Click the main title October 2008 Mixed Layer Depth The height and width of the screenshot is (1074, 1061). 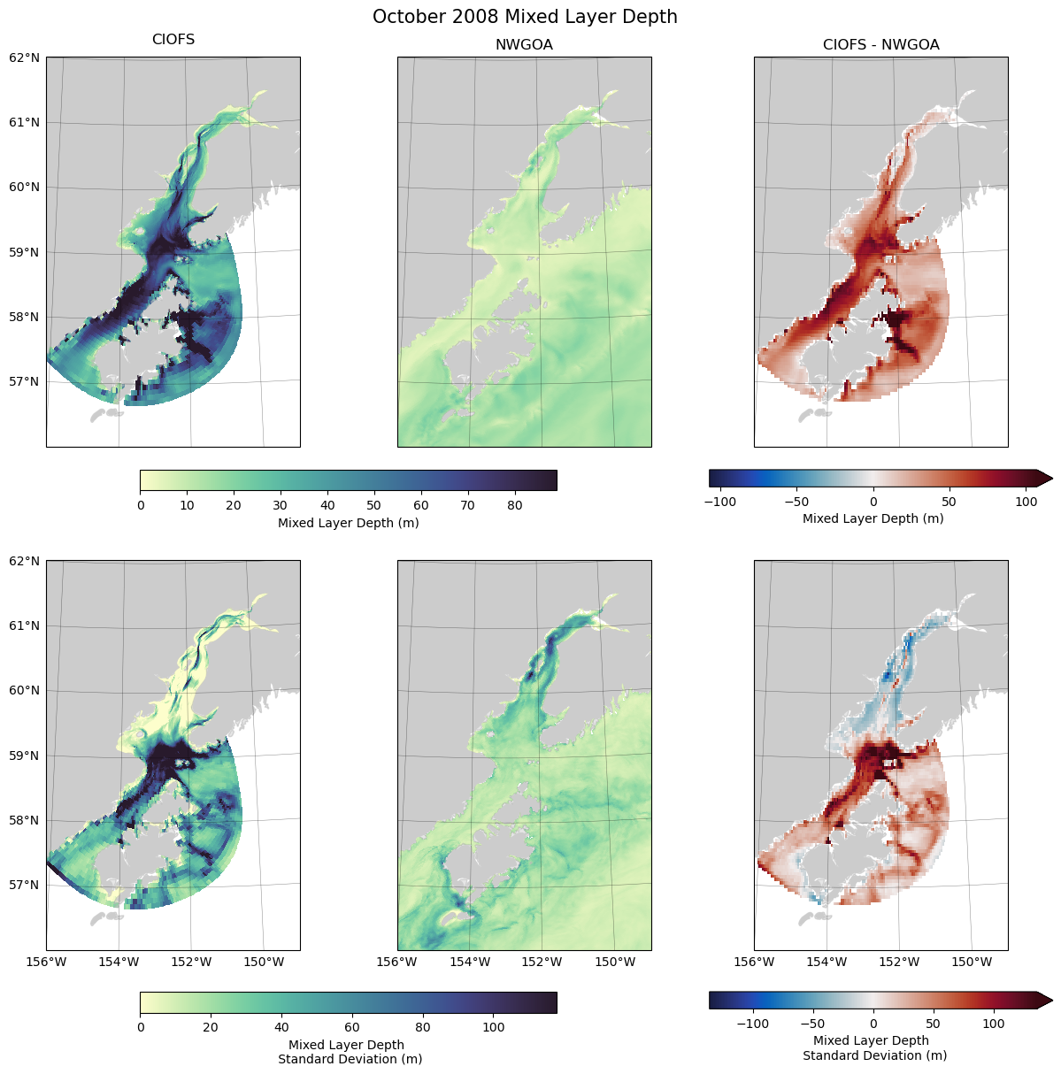coord(525,17)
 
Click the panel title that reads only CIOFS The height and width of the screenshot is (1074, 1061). coord(173,40)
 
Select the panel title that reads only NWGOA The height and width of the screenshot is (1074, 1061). coord(524,44)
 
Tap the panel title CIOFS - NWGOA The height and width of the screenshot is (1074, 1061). coord(880,44)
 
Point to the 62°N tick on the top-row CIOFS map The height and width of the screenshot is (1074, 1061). coord(25,58)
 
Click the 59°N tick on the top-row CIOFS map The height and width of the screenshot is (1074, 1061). coord(25,252)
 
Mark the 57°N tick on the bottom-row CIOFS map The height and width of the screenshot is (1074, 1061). coord(25,885)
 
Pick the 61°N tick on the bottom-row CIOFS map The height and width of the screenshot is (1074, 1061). coord(25,625)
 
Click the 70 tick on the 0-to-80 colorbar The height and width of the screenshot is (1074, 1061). coord(467,505)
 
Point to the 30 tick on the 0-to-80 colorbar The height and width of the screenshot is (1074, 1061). coord(281,505)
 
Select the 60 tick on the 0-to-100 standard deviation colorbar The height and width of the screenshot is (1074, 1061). coord(352,1027)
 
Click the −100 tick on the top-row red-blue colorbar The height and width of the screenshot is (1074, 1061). coord(720,502)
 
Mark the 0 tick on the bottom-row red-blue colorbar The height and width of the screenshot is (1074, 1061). coord(873,1024)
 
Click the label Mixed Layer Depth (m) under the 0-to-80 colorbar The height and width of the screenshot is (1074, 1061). coord(348,523)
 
